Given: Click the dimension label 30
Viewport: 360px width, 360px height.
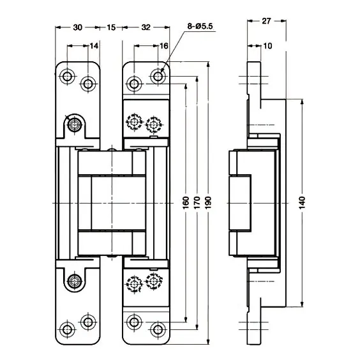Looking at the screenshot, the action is point(78,27).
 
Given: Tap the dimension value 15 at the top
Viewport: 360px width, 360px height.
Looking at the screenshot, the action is point(111,27).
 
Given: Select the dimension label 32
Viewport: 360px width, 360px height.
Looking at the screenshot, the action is point(146,27).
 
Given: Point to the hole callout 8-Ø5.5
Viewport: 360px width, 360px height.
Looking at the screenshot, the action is point(200,26).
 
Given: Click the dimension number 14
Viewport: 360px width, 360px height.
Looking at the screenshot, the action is point(94,46).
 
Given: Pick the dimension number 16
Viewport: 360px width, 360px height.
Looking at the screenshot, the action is point(163,46).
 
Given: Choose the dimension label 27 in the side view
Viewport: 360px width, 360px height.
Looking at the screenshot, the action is point(266,21).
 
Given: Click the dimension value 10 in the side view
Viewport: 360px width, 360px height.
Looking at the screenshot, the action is point(267,46).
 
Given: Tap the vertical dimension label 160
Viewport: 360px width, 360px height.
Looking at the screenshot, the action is point(186,202).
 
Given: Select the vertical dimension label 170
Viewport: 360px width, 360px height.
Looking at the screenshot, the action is point(197,202).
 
